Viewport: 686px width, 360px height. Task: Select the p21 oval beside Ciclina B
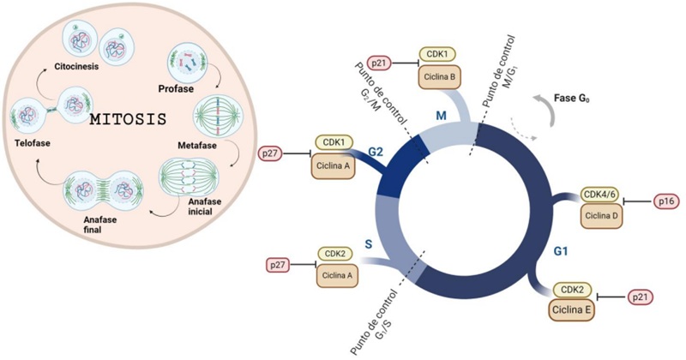coord(379,63)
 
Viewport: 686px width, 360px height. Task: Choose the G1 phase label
coord(559,253)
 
